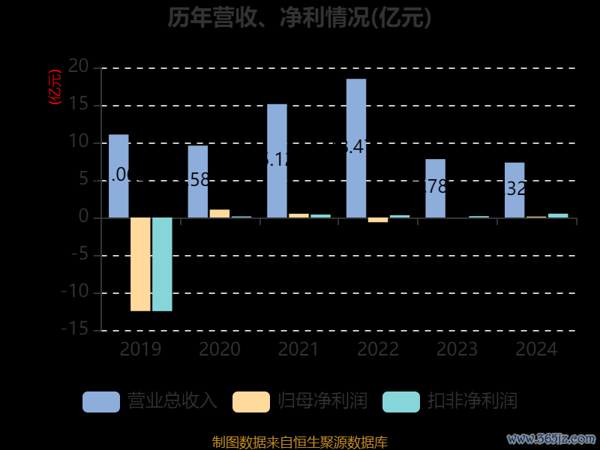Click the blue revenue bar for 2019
click(x=118, y=176)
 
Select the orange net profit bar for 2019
click(x=140, y=264)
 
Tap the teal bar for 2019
click(x=162, y=264)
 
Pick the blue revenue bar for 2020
click(x=197, y=181)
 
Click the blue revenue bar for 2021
click(x=277, y=160)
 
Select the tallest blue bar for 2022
click(x=356, y=148)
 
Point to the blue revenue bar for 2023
click(x=435, y=188)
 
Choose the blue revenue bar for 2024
click(x=514, y=190)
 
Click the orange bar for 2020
click(x=219, y=214)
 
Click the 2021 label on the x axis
click(x=298, y=349)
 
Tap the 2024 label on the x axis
click(x=536, y=349)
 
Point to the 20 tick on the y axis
click(x=79, y=67)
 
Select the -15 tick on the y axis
click(x=75, y=330)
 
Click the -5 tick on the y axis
click(x=79, y=255)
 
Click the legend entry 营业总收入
click(x=150, y=401)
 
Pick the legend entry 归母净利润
click(x=300, y=401)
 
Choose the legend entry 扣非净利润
click(x=450, y=401)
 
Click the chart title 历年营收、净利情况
click(x=299, y=17)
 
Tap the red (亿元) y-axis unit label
click(x=55, y=87)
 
